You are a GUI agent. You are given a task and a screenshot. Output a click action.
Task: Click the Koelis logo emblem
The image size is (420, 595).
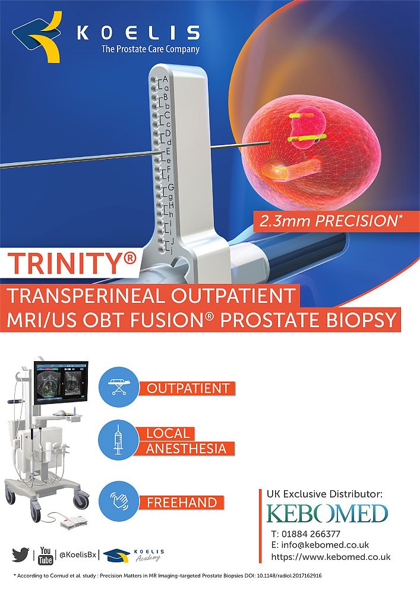point(37,36)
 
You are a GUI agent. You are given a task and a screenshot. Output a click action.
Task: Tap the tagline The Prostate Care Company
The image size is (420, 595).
point(150,49)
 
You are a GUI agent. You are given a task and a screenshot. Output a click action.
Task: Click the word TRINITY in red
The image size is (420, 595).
point(67,264)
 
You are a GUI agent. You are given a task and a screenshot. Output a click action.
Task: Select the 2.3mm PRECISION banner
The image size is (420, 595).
point(329,221)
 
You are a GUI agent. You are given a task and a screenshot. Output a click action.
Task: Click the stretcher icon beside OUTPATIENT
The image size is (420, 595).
point(119,387)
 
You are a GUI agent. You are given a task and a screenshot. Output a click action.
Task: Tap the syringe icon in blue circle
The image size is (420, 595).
point(119,440)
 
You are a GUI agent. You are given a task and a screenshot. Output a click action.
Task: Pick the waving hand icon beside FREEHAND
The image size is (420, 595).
point(119,501)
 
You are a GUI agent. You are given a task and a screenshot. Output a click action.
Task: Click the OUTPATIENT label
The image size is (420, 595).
point(188,389)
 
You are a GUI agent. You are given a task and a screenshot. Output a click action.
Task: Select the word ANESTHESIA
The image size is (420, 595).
point(186,449)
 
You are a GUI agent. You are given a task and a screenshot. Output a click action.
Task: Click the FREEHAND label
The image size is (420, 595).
point(182,503)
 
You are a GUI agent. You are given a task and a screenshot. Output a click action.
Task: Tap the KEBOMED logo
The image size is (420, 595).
point(327,514)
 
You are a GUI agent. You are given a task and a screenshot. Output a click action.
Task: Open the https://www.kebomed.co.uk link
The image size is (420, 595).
point(331,557)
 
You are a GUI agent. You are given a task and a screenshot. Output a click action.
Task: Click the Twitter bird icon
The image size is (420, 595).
point(20,555)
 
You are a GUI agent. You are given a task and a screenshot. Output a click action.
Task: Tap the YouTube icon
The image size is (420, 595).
point(45,556)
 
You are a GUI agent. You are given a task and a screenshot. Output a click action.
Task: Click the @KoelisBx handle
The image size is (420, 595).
point(78,555)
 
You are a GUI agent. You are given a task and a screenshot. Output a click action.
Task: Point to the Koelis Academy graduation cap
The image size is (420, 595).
point(116,555)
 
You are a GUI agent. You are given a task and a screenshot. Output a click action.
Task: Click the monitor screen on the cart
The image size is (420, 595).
point(61,383)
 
